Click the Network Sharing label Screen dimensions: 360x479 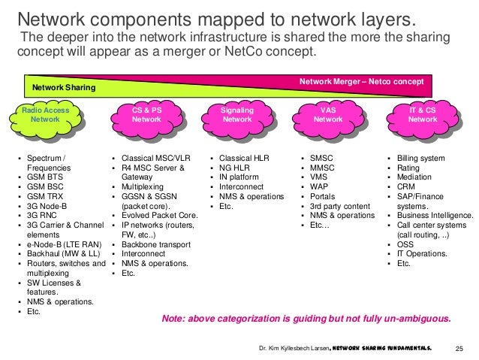(x=64, y=89)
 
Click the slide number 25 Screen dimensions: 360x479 (x=460, y=349)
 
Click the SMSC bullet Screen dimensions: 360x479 (x=322, y=159)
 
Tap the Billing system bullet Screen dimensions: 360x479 (x=421, y=159)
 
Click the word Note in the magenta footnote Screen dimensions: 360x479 (x=172, y=319)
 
